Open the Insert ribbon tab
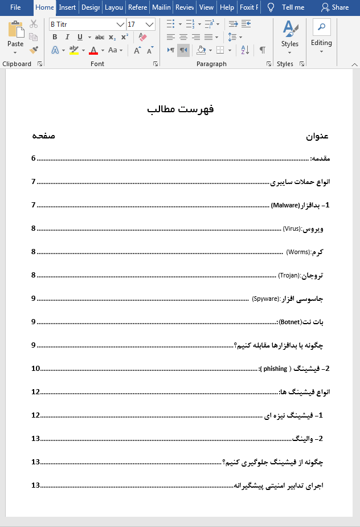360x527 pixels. click(67, 7)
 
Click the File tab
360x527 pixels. click(15, 7)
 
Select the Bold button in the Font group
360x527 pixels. click(55, 37)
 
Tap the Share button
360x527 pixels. click(335, 7)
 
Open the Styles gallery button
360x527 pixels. click(290, 35)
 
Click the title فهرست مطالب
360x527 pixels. click(180, 109)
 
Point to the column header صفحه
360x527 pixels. click(43, 136)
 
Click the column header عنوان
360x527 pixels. click(317, 136)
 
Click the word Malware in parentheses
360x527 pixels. click(285, 205)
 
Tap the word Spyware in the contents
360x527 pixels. click(265, 299)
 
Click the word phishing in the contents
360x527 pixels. click(275, 369)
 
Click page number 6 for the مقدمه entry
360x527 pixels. click(34, 158)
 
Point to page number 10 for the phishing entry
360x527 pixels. click(35, 369)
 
